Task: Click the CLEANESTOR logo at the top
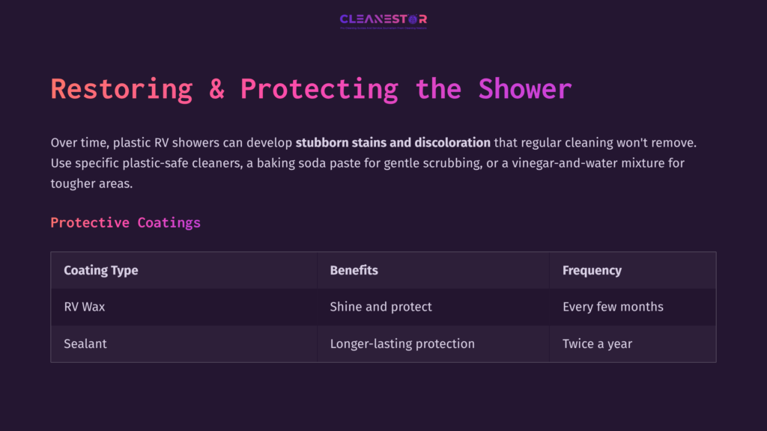pos(383,19)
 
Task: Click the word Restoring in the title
pos(121,89)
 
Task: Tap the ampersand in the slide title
pos(216,89)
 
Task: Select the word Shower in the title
pos(525,89)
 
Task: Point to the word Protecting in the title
pos(319,89)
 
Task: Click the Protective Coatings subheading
pos(125,222)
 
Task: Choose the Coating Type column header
pos(101,270)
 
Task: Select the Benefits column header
pos(354,270)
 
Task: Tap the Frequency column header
pos(592,270)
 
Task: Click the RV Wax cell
pos(84,307)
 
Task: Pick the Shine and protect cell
pos(381,307)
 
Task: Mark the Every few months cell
pos(613,307)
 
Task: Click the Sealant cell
pos(85,343)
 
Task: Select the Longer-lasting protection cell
pos(402,343)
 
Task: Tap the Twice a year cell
pos(597,343)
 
